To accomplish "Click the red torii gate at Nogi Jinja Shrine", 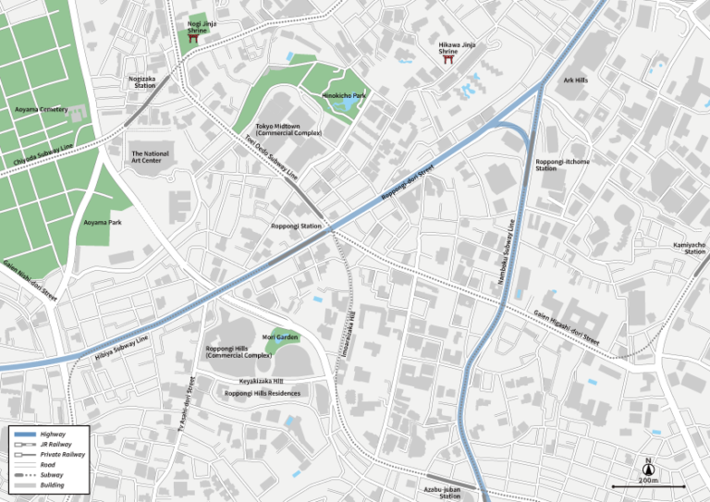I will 195,40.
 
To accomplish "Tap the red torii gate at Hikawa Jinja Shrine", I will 449,62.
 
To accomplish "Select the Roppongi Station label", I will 296,226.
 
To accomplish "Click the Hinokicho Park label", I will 344,95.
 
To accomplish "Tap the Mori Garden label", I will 280,337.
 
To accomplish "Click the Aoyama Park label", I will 103,222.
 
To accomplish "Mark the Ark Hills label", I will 575,80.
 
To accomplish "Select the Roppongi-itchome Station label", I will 561,165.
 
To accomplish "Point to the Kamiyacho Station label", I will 690,248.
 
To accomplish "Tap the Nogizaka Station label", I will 142,82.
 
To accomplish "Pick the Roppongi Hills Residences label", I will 263,393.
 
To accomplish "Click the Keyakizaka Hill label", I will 262,380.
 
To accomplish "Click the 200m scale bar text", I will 648,480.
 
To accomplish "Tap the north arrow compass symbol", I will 648,468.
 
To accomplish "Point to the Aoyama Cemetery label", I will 42,109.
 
